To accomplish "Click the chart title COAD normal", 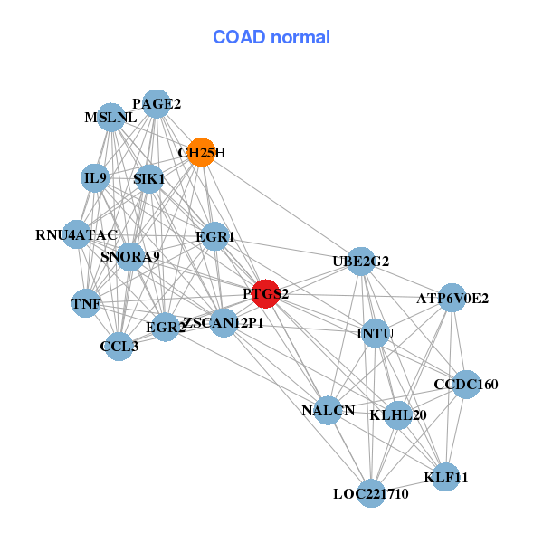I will (271, 38).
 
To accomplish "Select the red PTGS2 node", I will (265, 293).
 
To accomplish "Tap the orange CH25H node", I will (201, 152).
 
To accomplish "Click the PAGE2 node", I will (157, 104).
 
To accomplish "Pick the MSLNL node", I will (110, 118).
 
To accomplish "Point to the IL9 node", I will (95, 178).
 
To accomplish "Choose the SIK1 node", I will (148, 179).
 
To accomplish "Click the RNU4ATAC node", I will (77, 235).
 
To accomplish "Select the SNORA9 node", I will (130, 257).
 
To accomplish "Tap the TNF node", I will (86, 303).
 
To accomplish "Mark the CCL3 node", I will (119, 346).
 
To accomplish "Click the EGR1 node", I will (214, 237).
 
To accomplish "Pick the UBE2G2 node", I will (361, 262).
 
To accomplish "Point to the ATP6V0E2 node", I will (452, 298).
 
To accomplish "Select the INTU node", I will (375, 334).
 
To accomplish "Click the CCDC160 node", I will (466, 385).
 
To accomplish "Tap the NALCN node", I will (329, 411).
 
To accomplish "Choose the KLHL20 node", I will (398, 415).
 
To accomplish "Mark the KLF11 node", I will (445, 476).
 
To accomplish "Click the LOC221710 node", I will (370, 493).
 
